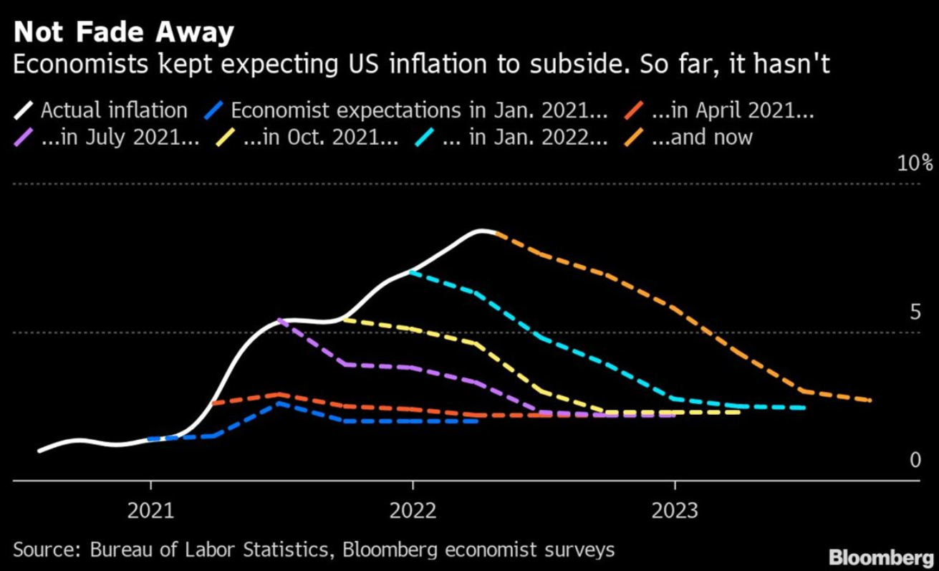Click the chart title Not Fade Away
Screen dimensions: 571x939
(x=123, y=33)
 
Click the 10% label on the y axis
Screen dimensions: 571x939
(x=915, y=163)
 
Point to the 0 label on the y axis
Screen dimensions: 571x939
(x=915, y=460)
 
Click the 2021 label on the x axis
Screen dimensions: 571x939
(x=150, y=512)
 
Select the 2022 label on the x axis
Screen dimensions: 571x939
(x=413, y=512)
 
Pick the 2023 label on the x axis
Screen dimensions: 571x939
(x=675, y=512)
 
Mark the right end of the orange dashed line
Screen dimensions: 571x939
(x=870, y=400)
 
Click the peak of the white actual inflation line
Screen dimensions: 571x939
(x=483, y=231)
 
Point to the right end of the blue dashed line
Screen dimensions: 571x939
(x=477, y=421)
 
